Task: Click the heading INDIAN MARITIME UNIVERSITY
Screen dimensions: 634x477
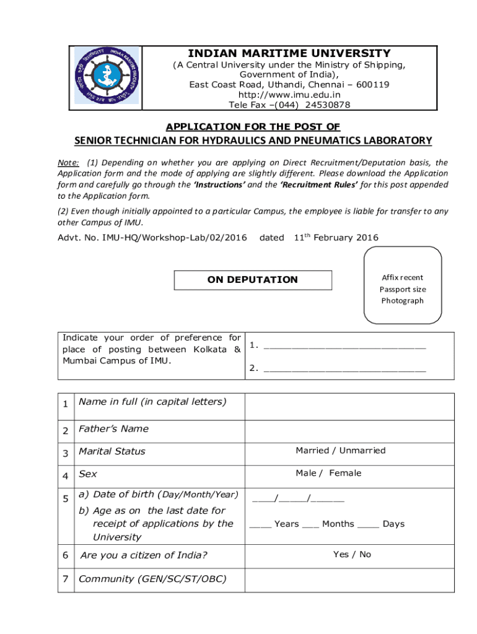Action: click(289, 54)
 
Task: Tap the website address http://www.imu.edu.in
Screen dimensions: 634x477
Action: click(289, 95)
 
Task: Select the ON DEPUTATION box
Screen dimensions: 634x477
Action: click(252, 280)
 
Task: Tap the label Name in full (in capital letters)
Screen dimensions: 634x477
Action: click(152, 402)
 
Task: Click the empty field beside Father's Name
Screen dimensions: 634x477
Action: click(349, 429)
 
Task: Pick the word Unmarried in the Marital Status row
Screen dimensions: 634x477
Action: click(362, 451)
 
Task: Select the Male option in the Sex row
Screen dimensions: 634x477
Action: click(306, 474)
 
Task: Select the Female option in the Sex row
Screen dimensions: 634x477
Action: click(345, 474)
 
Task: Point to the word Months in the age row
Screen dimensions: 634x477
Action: click(338, 524)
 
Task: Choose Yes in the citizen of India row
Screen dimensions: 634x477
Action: click(341, 555)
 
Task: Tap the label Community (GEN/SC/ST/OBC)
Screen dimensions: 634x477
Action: click(152, 580)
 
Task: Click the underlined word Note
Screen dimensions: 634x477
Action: click(69, 162)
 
